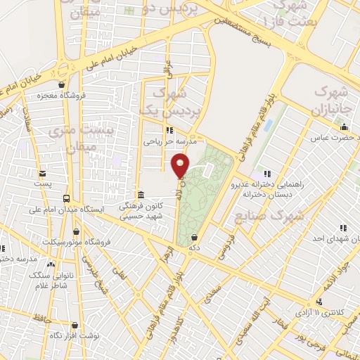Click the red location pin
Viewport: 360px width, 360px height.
coord(181,165)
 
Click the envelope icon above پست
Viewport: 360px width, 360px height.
coord(43,173)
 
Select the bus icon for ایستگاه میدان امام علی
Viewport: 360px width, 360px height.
coord(67,199)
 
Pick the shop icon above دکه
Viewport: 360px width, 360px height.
coord(194,238)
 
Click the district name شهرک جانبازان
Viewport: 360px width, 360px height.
coord(331,101)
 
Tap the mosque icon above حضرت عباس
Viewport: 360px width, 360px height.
coord(344,127)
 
